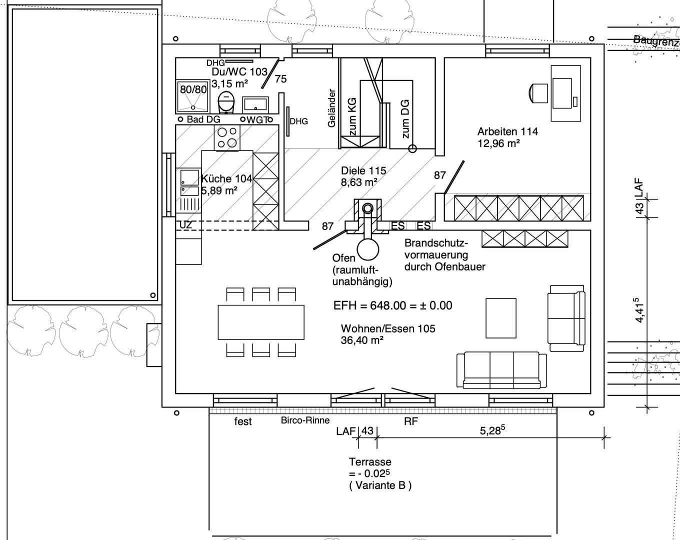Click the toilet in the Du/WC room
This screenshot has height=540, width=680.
coord(226,101)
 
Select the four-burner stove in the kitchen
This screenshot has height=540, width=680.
coord(227,137)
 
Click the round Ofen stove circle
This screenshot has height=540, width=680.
coord(368,249)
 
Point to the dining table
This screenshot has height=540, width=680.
coord(261,322)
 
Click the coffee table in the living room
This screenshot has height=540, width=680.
coord(501,318)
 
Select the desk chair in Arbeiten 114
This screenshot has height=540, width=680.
coord(538,93)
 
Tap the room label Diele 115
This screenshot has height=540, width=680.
coord(363,171)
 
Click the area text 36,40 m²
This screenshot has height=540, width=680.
coord(362,340)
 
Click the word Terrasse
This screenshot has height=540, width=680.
coord(370,462)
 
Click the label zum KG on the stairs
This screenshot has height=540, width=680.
coord(352,116)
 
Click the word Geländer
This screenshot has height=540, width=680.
coord(331,108)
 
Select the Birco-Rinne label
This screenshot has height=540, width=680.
coord(305,420)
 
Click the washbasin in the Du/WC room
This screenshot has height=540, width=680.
coord(255,104)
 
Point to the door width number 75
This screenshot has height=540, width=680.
coord(280,78)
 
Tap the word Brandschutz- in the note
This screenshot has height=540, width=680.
coord(436,243)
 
